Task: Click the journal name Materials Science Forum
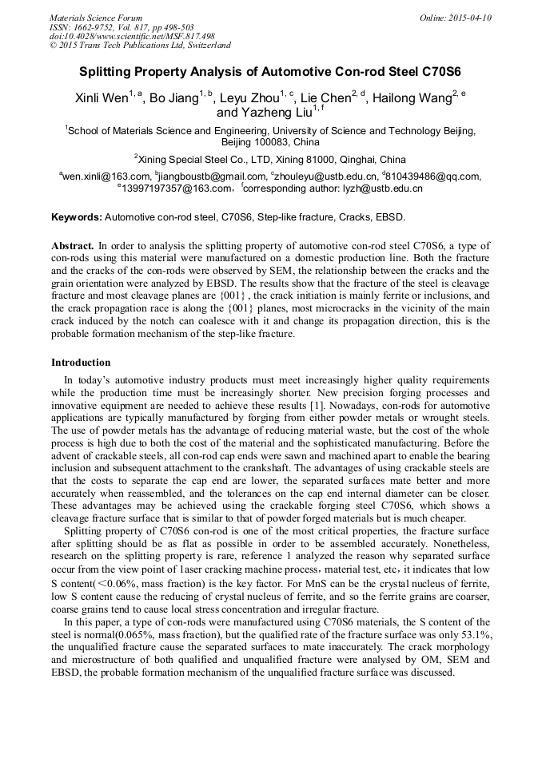tap(96, 18)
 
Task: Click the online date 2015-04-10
tap(467, 18)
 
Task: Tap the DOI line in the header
tap(132, 37)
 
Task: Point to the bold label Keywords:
tap(76, 217)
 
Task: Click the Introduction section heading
tap(81, 363)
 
